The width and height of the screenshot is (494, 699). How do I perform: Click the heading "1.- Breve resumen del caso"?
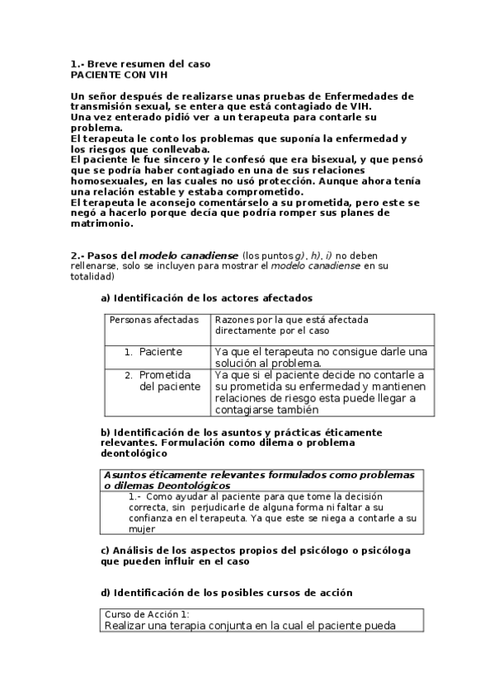(140, 63)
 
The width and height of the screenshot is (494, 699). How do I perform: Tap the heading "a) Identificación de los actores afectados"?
(206, 298)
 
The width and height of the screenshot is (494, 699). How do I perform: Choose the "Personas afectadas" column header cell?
(154, 319)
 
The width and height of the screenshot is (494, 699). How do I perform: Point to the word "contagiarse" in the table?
(248, 410)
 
